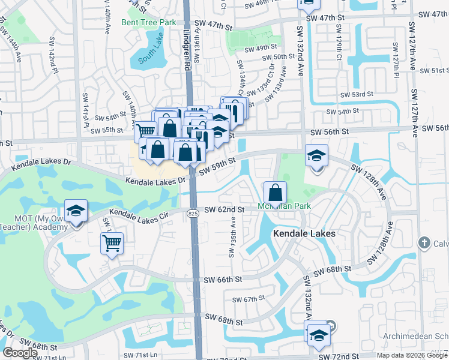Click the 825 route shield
point(192,213)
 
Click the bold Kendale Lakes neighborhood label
point(304,233)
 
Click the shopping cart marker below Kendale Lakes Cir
point(112,243)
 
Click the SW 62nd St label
point(224,209)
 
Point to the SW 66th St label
point(223,280)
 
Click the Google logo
point(20,353)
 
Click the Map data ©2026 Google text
point(412,355)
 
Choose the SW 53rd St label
point(357,94)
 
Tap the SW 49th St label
point(265,46)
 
